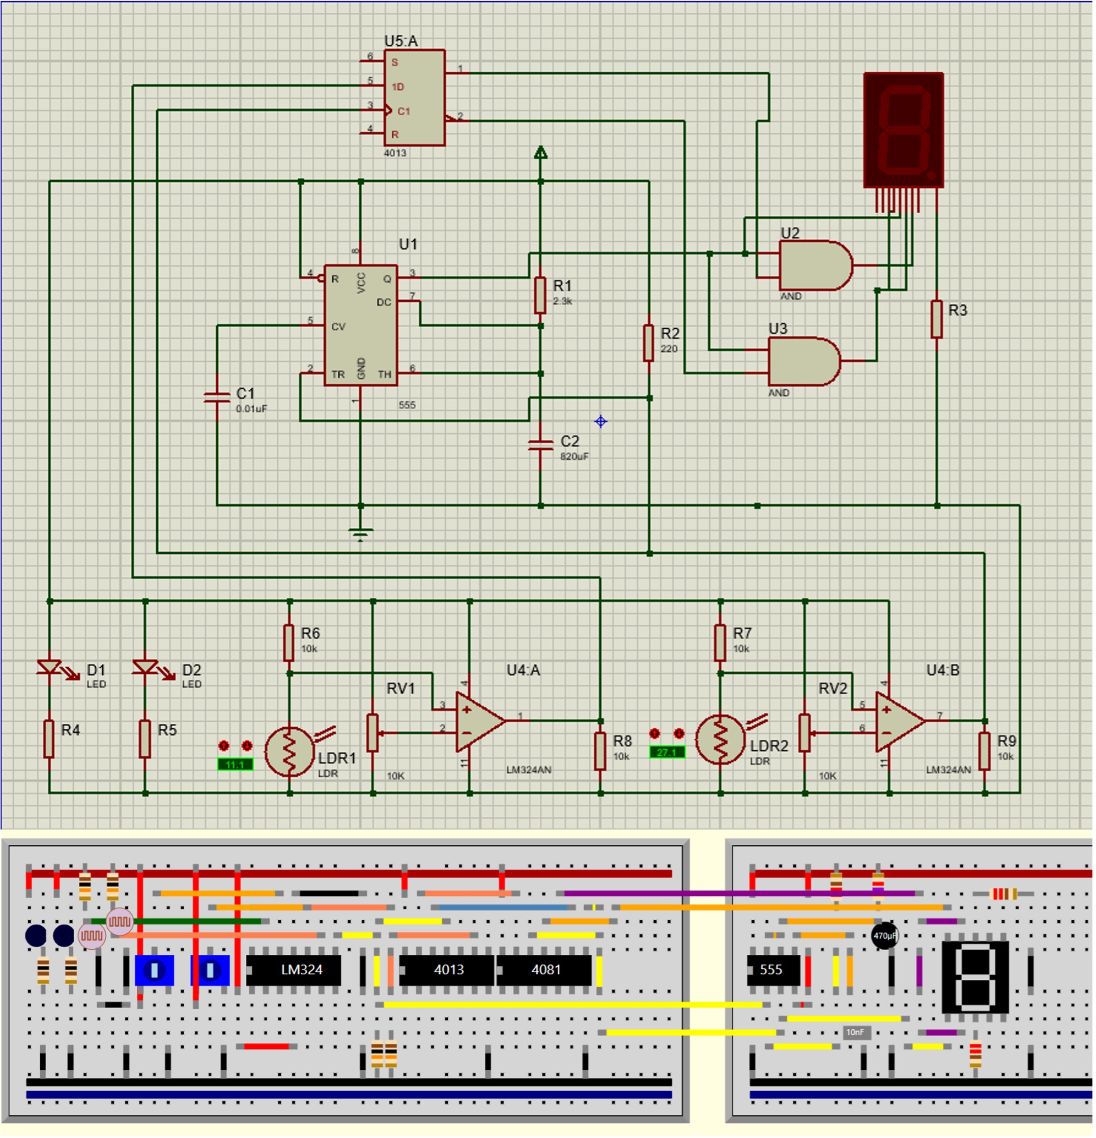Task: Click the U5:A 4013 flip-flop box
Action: pos(415,98)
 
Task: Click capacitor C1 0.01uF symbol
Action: pos(217,397)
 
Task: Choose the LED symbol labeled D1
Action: pos(49,668)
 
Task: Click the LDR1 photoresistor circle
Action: pos(290,752)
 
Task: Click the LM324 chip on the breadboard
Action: pos(294,970)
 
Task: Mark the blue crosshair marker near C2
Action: pos(601,422)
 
